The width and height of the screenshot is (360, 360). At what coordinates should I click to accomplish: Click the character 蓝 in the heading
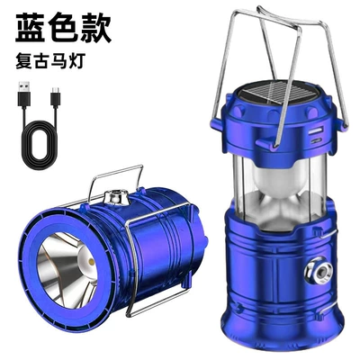[x=31, y=27]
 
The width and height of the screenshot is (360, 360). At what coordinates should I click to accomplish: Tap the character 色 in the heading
[x=63, y=27]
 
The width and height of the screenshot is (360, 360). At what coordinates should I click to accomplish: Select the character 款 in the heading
[x=95, y=27]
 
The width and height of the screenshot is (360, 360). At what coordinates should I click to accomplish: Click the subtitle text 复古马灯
[x=49, y=61]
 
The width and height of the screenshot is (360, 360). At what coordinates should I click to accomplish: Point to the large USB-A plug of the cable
[x=24, y=94]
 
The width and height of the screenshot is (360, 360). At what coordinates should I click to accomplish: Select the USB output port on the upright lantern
[x=317, y=131]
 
